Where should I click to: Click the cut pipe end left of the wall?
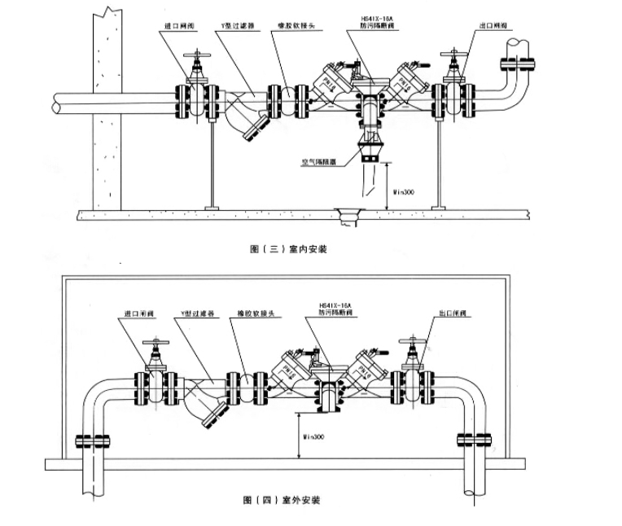click(55, 103)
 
